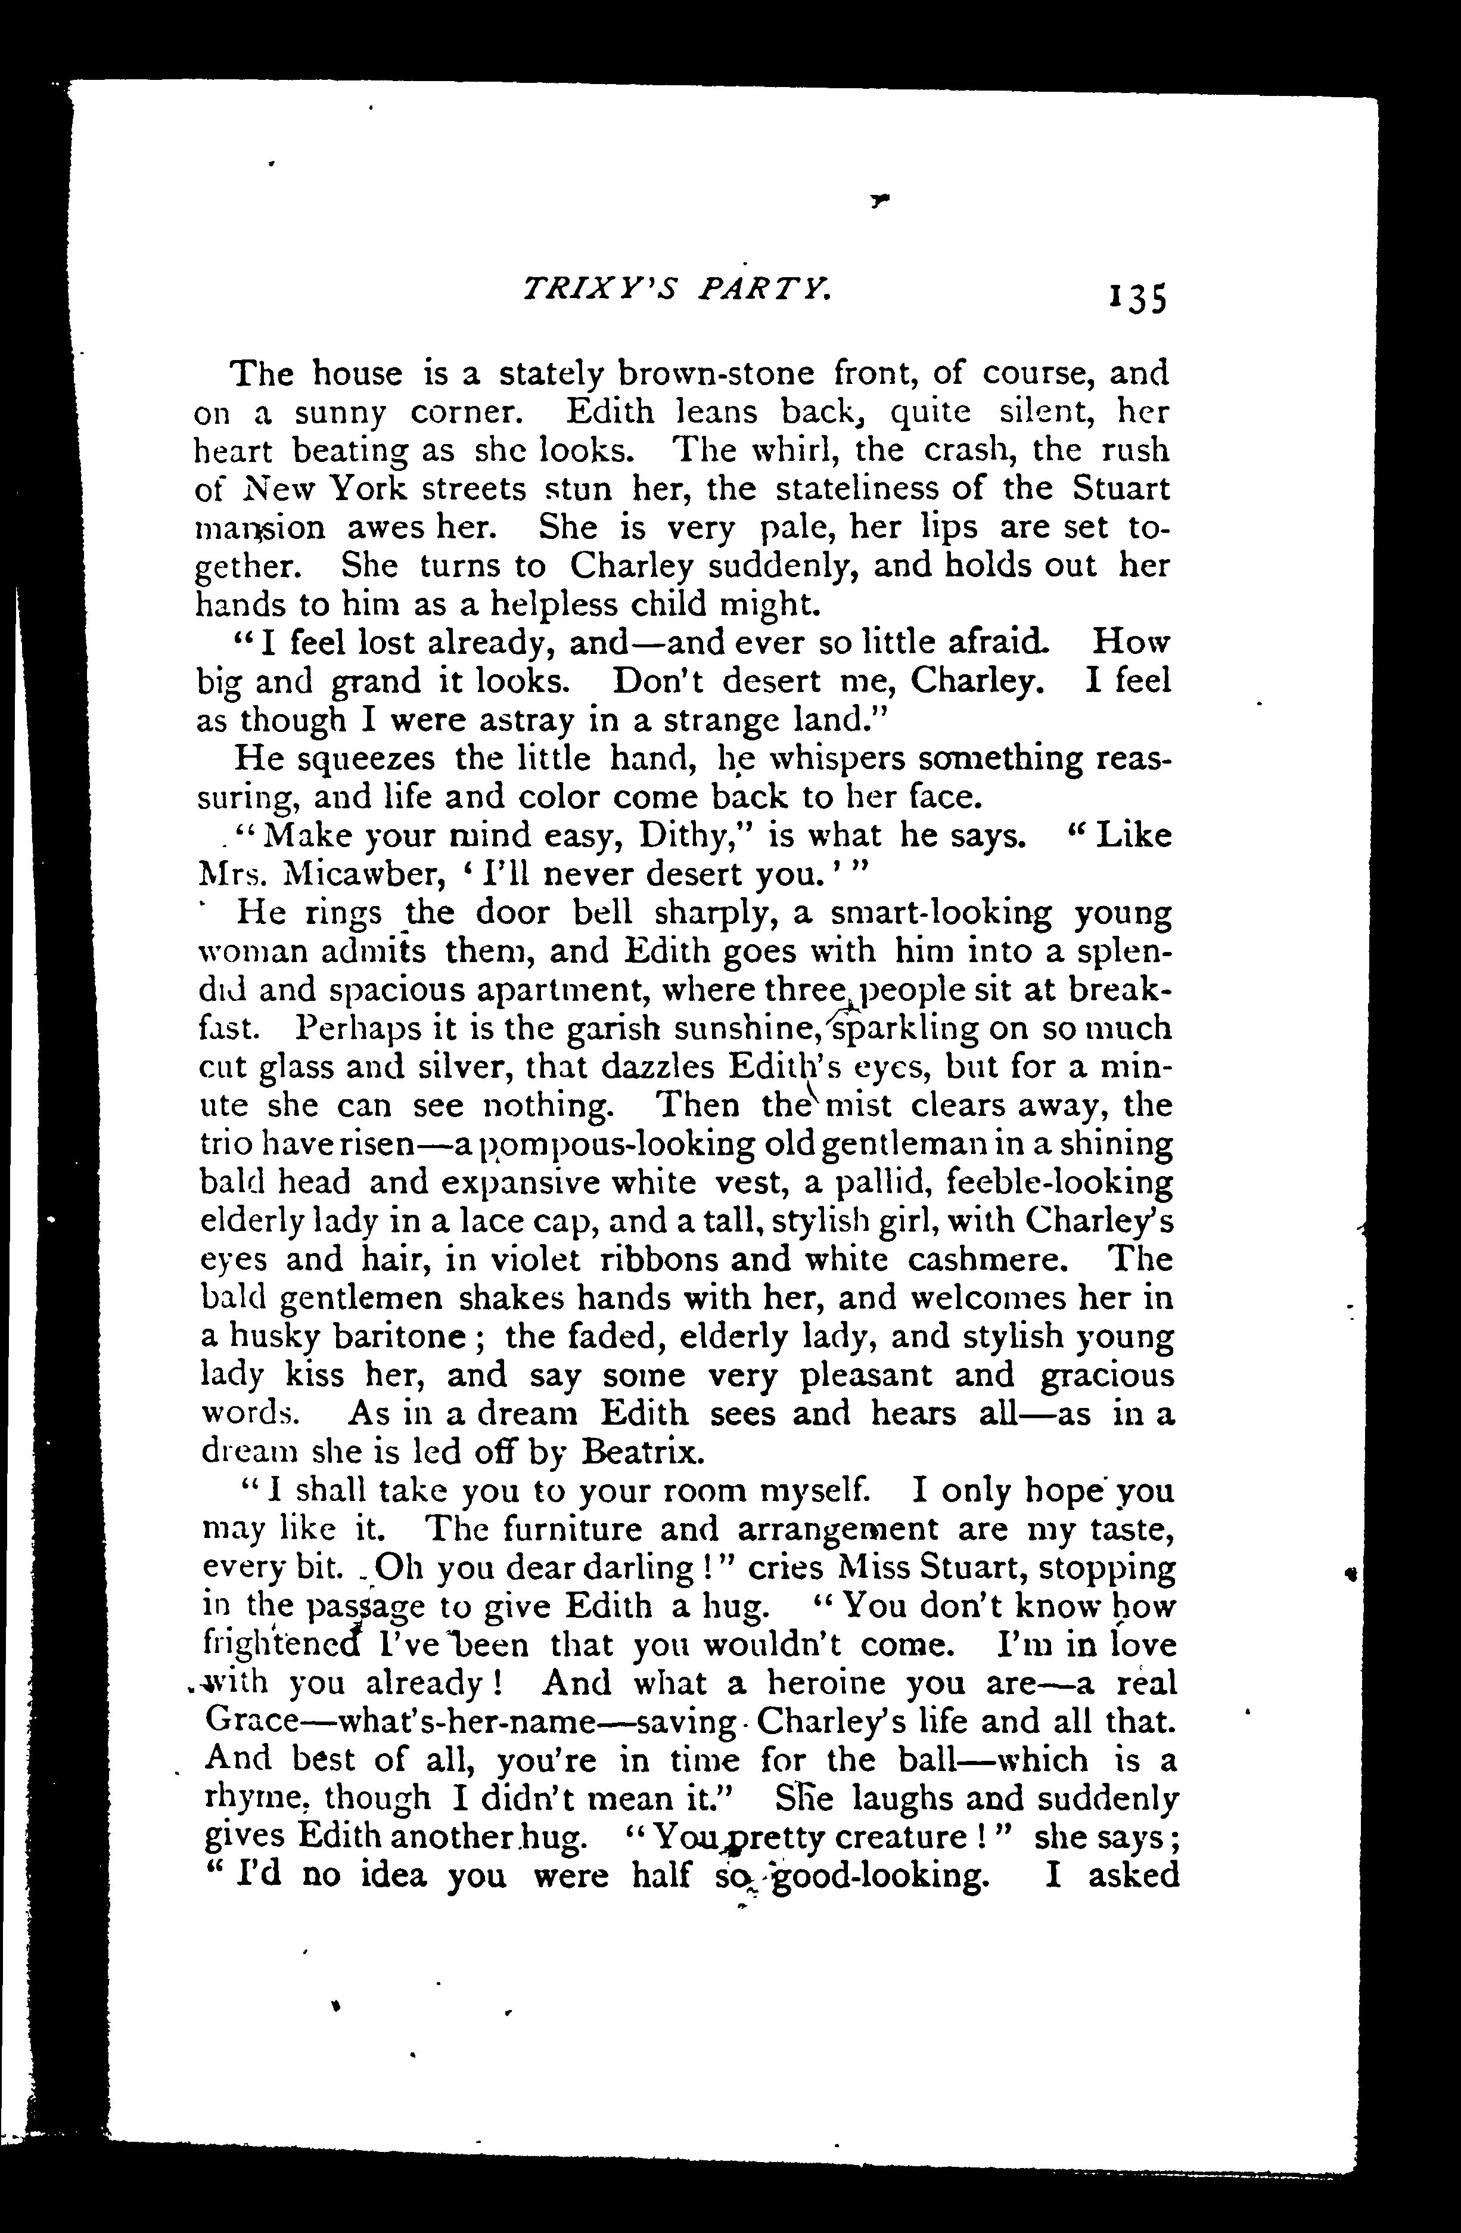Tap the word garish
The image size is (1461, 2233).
click(x=621, y=1029)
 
